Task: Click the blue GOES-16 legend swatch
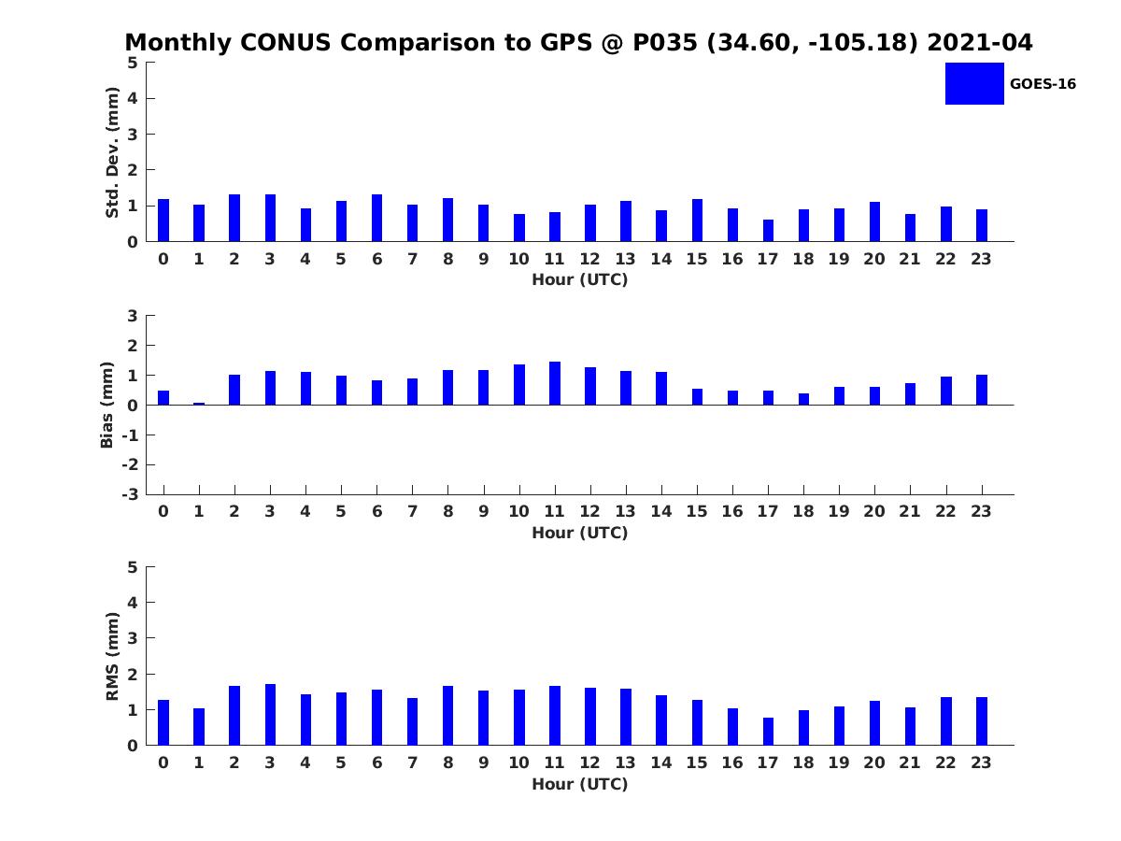pos(974,83)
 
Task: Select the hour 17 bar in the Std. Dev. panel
pos(768,230)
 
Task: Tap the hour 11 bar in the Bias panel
pos(555,383)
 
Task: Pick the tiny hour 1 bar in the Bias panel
pos(199,404)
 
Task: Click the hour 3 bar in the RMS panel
pos(270,714)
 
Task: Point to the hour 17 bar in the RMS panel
pos(768,732)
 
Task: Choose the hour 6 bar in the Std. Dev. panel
pos(376,218)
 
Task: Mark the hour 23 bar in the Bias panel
pos(981,390)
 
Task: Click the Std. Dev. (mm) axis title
pos(112,152)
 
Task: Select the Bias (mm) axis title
pos(106,405)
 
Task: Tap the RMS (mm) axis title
pos(112,656)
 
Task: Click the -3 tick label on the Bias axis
pos(130,494)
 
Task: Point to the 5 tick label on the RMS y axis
pos(133,567)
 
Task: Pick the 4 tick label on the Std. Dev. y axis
pos(133,98)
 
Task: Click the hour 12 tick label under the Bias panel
pos(589,511)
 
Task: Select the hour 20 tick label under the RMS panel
pos(873,763)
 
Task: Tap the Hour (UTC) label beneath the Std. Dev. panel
pos(580,279)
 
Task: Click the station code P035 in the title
pos(664,42)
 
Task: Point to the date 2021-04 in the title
pos(980,42)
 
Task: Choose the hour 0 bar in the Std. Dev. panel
pos(163,221)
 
